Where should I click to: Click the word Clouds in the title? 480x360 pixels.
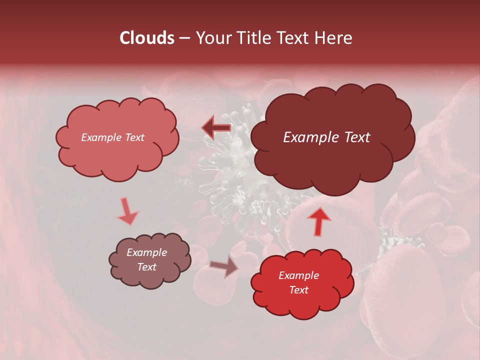tap(147, 38)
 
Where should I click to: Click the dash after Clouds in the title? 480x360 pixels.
tap(184, 38)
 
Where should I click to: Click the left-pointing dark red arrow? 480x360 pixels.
tap(216, 128)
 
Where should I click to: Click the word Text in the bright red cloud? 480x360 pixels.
tap(298, 290)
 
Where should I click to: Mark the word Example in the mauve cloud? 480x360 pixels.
tap(146, 252)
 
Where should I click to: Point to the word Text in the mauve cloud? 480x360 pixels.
tap(146, 267)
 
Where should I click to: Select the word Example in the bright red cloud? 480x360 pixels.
tap(298, 275)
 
